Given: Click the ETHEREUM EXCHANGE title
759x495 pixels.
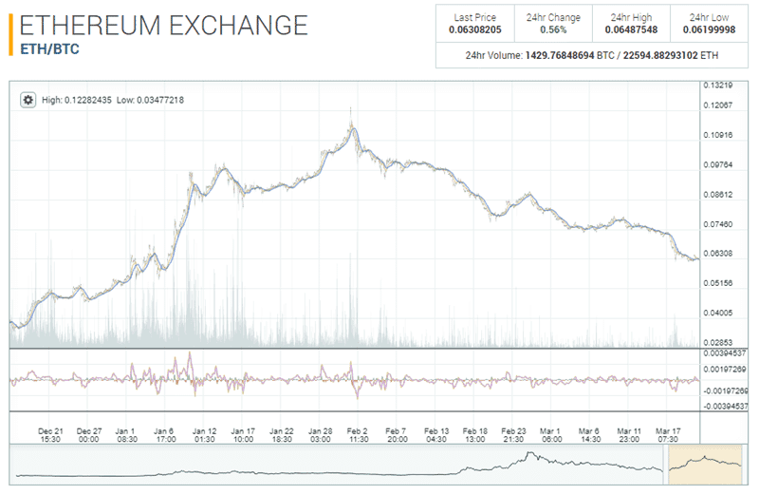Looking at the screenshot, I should point(163,25).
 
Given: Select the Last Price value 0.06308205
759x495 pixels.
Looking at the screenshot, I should point(475,29).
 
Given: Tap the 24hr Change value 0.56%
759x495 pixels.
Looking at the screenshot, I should point(553,29).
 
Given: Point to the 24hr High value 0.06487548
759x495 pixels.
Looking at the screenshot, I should point(631,29).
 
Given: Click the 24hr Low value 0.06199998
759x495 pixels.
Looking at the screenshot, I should point(709,29).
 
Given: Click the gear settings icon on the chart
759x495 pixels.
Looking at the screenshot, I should point(28,100).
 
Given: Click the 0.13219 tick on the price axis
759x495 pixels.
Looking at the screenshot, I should point(716,86).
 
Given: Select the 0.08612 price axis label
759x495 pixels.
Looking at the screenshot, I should point(716,195).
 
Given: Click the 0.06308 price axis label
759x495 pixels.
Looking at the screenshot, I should point(716,254).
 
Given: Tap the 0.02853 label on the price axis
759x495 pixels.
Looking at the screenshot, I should point(716,341).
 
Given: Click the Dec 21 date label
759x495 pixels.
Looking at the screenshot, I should point(51,429).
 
